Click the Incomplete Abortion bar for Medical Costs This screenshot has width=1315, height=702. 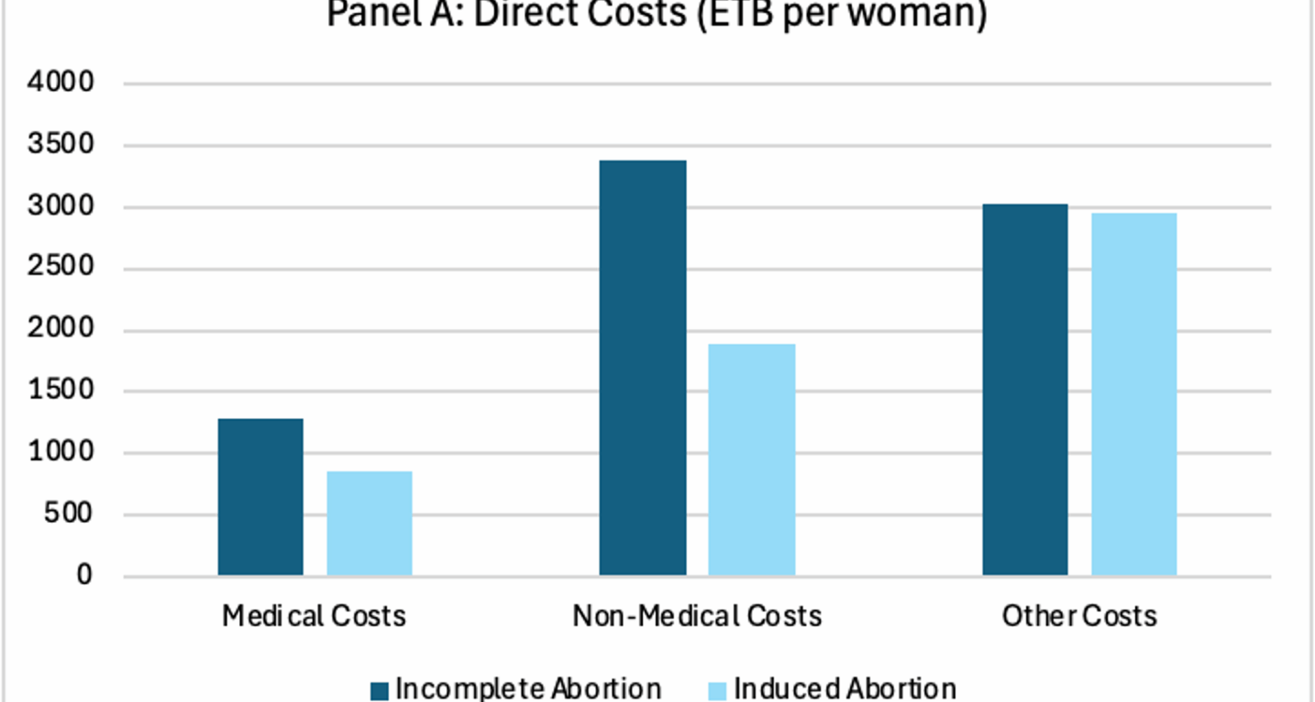coord(260,497)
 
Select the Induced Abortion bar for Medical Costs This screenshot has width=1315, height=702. coord(369,523)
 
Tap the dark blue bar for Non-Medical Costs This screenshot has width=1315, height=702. coord(642,367)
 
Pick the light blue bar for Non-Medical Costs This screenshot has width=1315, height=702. coord(751,459)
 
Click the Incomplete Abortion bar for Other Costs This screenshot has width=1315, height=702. coord(1025,389)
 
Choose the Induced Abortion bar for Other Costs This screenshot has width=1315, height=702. coord(1134,394)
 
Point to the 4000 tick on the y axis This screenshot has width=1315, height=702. coord(60,82)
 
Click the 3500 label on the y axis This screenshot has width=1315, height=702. coord(60,144)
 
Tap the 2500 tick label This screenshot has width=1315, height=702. coord(60,266)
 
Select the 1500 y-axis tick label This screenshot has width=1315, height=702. coord(60,390)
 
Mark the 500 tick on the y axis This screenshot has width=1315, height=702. coord(68,513)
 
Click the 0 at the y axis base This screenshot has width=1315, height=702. coord(84,575)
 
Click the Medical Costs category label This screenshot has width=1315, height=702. coord(314,616)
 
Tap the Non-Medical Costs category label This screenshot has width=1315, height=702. coord(697,616)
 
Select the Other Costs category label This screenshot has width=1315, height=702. coord(1079,616)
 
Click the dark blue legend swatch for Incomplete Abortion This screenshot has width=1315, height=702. coord(379,690)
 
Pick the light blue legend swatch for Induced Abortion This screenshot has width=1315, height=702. coord(716,690)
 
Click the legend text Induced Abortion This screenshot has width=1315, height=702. coord(844,688)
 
